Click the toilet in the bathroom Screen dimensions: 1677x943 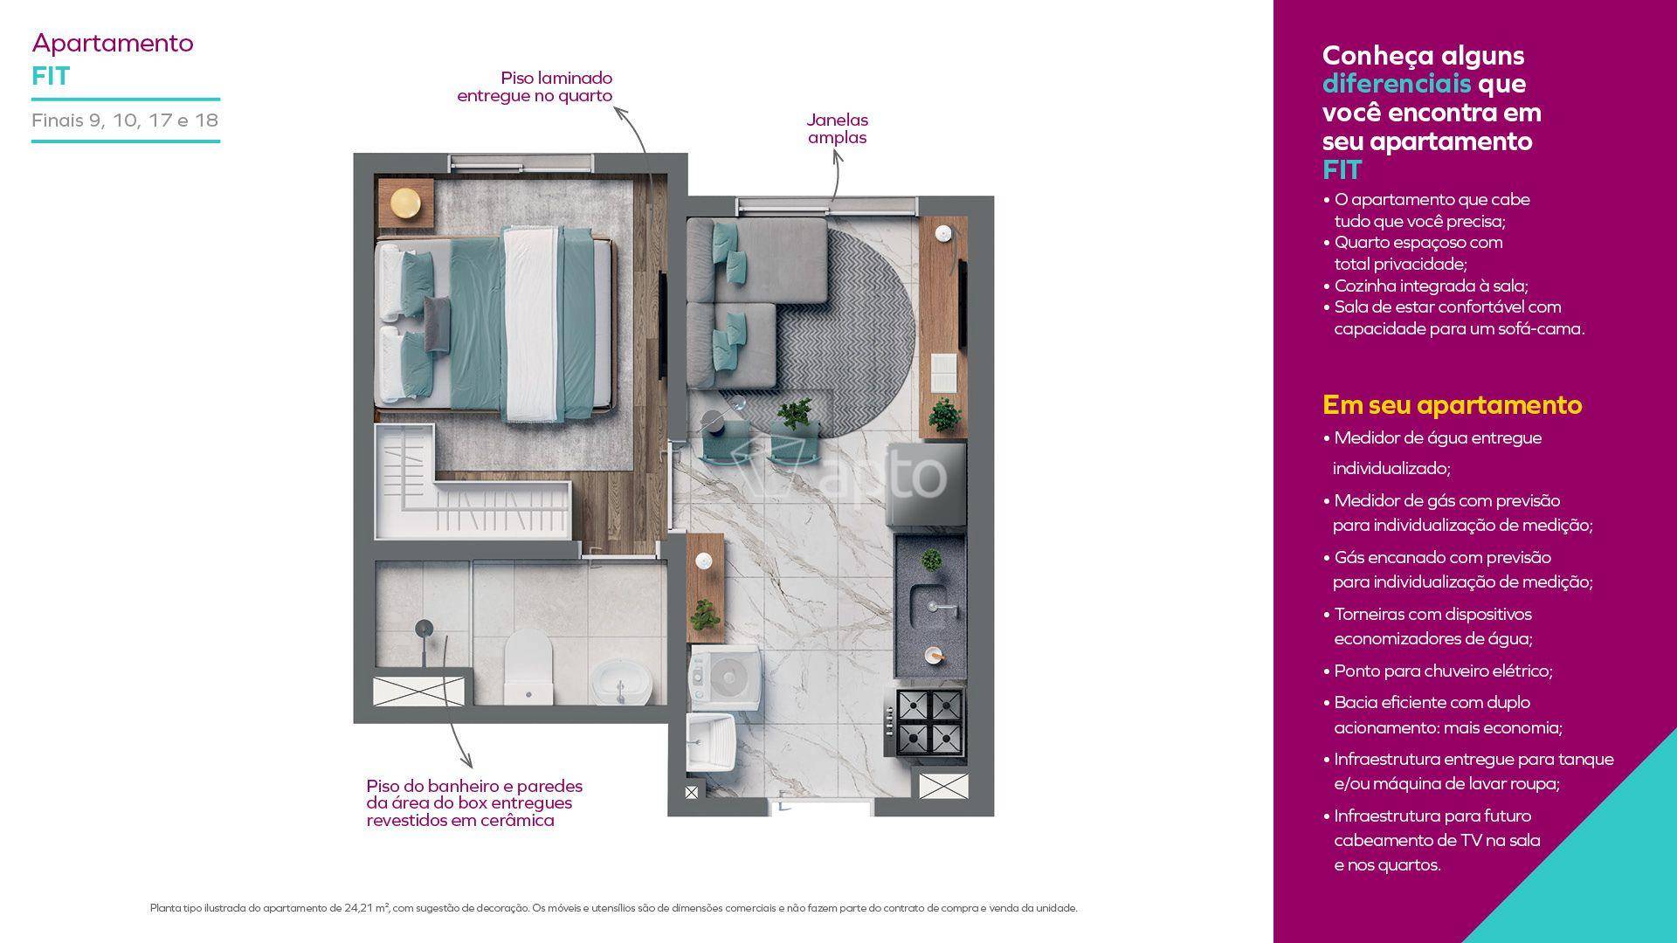pyautogui.click(x=528, y=666)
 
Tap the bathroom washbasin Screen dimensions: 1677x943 pyautogui.click(x=621, y=682)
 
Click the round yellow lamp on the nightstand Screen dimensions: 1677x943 pyautogui.click(x=405, y=203)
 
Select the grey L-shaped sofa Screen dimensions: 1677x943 pyautogui.click(x=756, y=301)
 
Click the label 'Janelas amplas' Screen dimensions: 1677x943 pyautogui.click(x=837, y=128)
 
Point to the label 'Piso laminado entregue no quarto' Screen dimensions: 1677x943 pyautogui.click(x=535, y=86)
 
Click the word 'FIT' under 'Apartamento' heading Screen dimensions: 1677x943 pyautogui.click(x=51, y=76)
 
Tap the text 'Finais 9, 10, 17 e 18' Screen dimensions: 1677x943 pyautogui.click(x=125, y=120)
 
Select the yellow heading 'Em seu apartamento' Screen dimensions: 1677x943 pyautogui.click(x=1453, y=405)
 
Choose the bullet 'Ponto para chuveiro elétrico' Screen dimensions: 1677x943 pyautogui.click(x=1443, y=671)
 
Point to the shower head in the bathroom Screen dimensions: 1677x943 pyautogui.click(x=424, y=628)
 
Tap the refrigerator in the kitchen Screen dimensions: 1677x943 pyautogui.click(x=927, y=485)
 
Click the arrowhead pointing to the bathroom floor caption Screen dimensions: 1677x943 pyautogui.click(x=467, y=761)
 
